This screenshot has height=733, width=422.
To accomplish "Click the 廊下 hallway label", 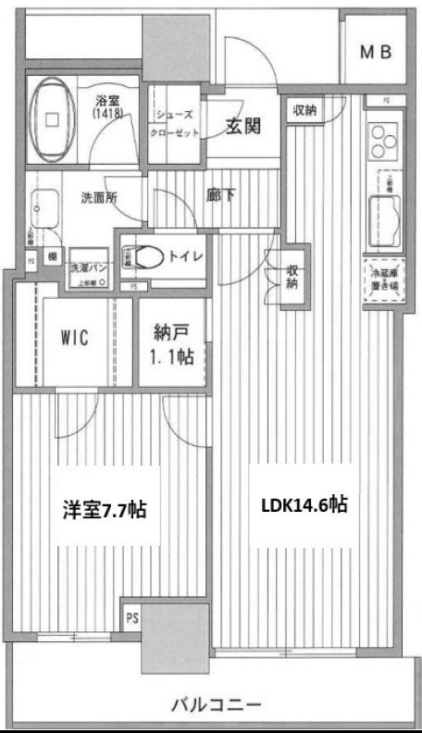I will click(x=218, y=196).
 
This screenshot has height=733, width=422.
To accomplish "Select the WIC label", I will click(x=74, y=338).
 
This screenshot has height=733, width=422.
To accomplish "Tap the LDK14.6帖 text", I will click(x=304, y=506).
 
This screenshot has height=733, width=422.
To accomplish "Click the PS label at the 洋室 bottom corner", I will click(x=130, y=617).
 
